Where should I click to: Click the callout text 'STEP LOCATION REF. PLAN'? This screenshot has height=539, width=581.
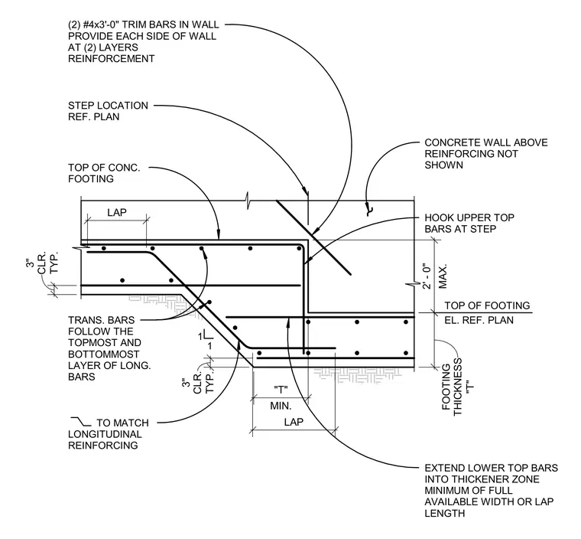(108, 111)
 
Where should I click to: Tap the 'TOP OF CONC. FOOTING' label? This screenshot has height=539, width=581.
(104, 173)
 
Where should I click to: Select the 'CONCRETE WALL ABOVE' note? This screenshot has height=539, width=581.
(485, 154)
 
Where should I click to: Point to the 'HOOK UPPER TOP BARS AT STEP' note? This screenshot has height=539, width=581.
(469, 223)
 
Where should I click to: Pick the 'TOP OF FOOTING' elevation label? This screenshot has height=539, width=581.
(487, 305)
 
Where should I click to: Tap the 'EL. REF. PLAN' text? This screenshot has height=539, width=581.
(479, 320)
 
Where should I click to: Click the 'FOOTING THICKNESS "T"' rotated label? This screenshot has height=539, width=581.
(459, 387)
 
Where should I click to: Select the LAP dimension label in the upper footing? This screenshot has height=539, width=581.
(117, 212)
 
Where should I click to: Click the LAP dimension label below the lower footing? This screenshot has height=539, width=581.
(294, 422)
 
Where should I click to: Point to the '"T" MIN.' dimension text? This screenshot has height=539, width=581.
(281, 397)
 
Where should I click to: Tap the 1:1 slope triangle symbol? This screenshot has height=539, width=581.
(206, 340)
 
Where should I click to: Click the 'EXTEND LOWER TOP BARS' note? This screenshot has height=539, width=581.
(491, 490)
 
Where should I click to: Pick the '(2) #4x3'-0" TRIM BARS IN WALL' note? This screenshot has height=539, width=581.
(144, 41)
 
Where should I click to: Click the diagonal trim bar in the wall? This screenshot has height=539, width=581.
(313, 237)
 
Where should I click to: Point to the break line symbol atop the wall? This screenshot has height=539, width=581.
(248, 201)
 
